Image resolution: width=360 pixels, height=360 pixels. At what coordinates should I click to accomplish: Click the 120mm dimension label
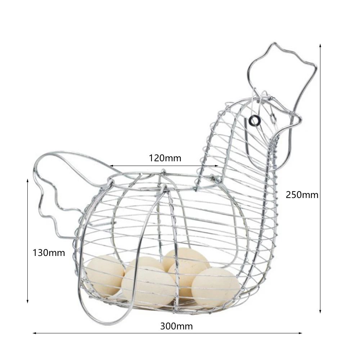(x=165, y=158)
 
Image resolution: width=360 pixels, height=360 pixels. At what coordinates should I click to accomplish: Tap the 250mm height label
(x=302, y=195)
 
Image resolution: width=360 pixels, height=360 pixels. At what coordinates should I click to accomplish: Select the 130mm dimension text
(x=49, y=253)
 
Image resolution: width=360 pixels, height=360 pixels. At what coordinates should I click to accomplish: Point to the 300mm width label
(x=176, y=327)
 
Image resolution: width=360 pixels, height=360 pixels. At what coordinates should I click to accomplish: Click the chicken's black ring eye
(x=255, y=121)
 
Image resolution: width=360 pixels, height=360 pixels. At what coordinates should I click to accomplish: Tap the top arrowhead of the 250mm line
(x=320, y=45)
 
